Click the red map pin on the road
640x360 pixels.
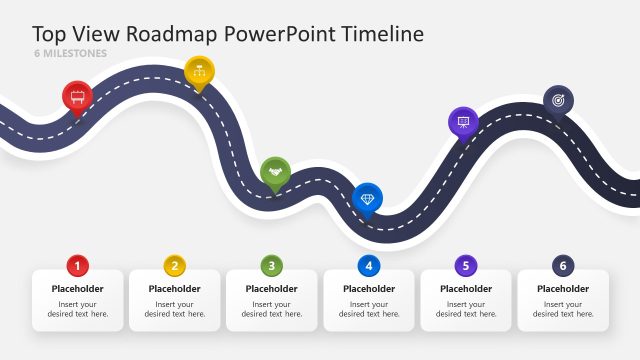click(x=77, y=96)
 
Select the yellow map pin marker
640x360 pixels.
click(x=199, y=71)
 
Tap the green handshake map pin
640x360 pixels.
click(x=275, y=172)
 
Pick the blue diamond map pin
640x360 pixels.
click(x=368, y=198)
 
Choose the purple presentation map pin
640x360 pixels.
click(x=463, y=122)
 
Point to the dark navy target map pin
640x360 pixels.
click(x=558, y=99)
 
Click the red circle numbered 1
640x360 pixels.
click(x=78, y=266)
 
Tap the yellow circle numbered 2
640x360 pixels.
click(x=175, y=266)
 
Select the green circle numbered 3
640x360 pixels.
click(x=272, y=266)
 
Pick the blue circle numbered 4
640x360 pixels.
click(x=369, y=266)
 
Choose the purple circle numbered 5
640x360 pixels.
click(x=466, y=266)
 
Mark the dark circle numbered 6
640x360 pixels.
click(x=563, y=266)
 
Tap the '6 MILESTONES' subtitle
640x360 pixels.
click(x=70, y=53)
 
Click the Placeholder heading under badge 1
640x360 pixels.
click(x=78, y=289)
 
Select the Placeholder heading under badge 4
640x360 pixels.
click(x=369, y=289)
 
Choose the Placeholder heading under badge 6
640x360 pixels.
click(x=563, y=289)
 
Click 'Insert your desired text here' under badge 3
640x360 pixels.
click(x=272, y=309)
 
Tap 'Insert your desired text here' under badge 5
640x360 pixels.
click(x=466, y=309)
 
